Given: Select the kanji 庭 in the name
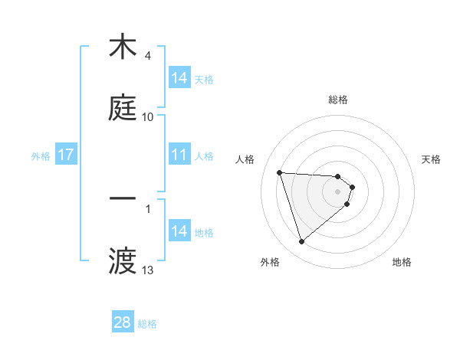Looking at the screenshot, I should click(x=123, y=108).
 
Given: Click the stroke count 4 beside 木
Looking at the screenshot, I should click(x=147, y=56).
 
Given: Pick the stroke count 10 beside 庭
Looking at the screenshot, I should click(x=148, y=117).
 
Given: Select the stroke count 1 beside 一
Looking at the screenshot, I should click(x=147, y=208).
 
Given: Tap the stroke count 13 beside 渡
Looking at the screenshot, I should click(x=148, y=270).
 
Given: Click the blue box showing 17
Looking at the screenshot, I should click(x=66, y=155).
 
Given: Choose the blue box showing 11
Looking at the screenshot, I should click(x=179, y=155).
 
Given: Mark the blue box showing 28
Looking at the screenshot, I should click(x=123, y=322).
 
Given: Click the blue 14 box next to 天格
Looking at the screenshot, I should click(x=179, y=78).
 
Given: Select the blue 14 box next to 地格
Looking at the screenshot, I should click(x=179, y=231).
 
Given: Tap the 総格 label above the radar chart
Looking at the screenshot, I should click(x=338, y=100).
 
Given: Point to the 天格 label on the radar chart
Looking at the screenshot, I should click(x=432, y=159).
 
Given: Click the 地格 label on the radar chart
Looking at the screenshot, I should click(x=402, y=262).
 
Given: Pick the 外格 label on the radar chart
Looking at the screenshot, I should click(x=270, y=262).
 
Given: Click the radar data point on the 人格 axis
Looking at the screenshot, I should click(x=280, y=172).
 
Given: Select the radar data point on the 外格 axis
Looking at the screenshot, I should click(x=301, y=242).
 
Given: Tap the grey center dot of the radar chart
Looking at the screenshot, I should click(x=338, y=191).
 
